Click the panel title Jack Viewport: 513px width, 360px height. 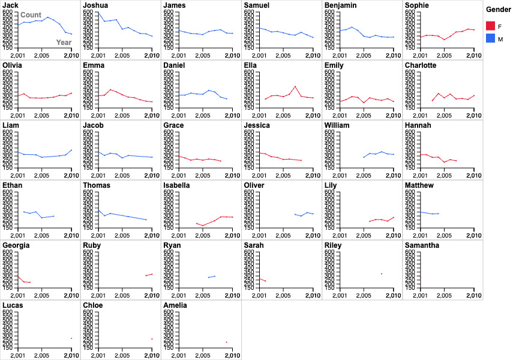coord(10,5)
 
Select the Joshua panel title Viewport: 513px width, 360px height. coord(95,5)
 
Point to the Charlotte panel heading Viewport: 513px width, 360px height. coord(421,65)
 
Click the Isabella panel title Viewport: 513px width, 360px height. coord(176,185)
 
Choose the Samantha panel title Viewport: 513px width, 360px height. coord(422,245)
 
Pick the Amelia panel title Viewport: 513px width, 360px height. coord(175,305)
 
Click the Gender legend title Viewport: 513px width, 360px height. coord(498,10)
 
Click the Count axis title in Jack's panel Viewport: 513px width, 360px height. coord(31,15)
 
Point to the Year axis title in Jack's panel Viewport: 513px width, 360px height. coord(64,43)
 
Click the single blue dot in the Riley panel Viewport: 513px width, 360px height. coord(382,274)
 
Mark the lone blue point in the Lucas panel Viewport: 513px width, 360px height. coord(71,338)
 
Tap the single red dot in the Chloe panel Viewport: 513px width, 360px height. coord(152,339)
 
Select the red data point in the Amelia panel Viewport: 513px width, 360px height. coord(226,342)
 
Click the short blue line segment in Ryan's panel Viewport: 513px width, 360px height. coord(212,277)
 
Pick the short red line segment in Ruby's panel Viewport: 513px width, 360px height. coord(149,275)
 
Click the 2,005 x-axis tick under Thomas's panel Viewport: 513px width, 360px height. coord(122,235)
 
